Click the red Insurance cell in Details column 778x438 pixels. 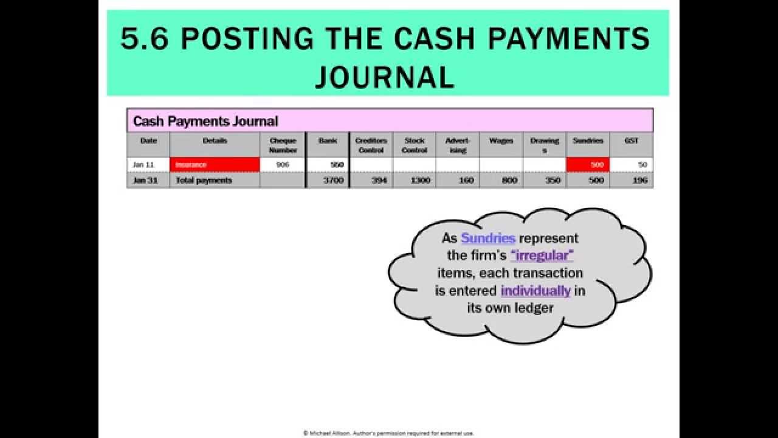tap(215, 164)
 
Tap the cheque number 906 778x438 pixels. tap(283, 164)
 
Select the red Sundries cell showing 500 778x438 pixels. tap(588, 164)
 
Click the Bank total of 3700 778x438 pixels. tap(328, 180)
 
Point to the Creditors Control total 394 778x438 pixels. tap(371, 180)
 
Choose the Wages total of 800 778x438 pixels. tap(501, 180)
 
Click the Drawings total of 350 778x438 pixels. tap(545, 180)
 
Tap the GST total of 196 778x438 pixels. tap(632, 180)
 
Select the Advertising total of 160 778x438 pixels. tap(458, 180)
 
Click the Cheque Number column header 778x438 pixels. tap(283, 145)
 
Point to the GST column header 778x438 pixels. tap(632, 141)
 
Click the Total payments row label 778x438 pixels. tap(204, 180)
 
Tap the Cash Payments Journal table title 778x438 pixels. tap(205, 121)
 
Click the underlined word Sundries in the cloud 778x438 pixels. tap(488, 238)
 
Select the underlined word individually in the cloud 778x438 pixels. tap(535, 291)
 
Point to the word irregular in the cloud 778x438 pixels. tap(542, 255)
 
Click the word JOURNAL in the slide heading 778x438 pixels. tap(385, 77)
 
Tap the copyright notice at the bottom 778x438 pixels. tap(388, 433)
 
